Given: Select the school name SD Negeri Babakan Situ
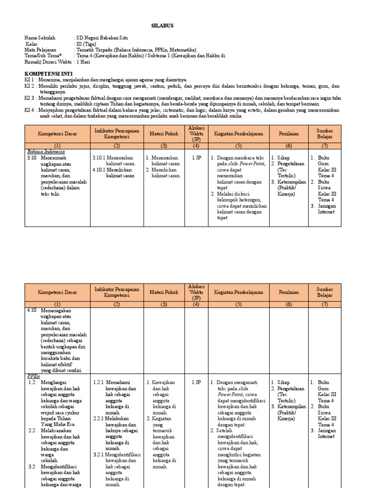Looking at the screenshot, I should click(102, 37).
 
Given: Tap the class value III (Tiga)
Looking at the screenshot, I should click(86, 43).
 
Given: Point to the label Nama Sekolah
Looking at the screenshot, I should click(40, 37).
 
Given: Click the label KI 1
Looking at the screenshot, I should click(29, 80).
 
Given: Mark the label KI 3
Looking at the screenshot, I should click(29, 98).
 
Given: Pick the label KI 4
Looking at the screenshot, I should click(29, 110).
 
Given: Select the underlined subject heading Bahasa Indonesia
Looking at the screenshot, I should click(45, 152).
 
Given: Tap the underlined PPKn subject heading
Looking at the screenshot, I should click(34, 376).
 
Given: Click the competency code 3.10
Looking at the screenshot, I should click(32, 157).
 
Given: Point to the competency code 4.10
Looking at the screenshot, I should click(31, 310).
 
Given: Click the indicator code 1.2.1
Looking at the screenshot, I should click(99, 382).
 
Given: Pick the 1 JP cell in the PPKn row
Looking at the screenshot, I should click(196, 382).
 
